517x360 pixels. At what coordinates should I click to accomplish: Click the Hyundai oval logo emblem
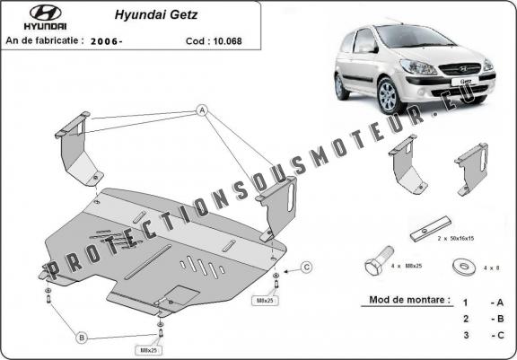click(x=45, y=13)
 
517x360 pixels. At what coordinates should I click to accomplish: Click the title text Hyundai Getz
click(x=156, y=15)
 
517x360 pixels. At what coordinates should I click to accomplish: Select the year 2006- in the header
click(x=106, y=41)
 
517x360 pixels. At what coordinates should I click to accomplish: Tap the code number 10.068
click(x=227, y=41)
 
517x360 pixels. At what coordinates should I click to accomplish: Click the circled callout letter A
click(x=202, y=110)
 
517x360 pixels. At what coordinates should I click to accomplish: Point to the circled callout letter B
click(x=82, y=338)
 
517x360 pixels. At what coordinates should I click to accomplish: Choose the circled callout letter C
click(x=307, y=267)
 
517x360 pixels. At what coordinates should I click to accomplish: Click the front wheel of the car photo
click(x=389, y=95)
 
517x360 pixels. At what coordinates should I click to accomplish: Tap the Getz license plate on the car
click(x=465, y=81)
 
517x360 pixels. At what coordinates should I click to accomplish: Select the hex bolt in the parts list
click(x=379, y=260)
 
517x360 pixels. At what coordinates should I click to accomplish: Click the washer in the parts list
click(x=463, y=267)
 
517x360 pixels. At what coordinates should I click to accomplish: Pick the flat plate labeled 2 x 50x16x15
click(x=431, y=228)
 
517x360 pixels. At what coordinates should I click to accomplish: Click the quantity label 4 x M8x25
click(x=407, y=266)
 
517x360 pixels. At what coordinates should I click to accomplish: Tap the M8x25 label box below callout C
click(x=265, y=301)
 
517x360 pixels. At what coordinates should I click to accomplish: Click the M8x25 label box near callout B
click(x=148, y=350)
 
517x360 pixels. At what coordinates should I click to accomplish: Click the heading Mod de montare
click(x=409, y=300)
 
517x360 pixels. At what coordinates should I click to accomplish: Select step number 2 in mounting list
click(x=466, y=319)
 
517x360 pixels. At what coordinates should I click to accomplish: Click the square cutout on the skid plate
click(x=182, y=294)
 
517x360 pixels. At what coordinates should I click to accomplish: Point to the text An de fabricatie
click(x=42, y=40)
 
